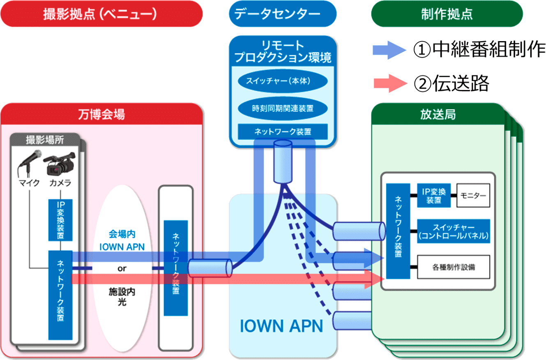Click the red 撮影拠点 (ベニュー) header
click(x=102, y=14)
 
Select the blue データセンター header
click(x=283, y=14)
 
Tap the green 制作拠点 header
click(x=447, y=14)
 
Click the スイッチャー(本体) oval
click(x=283, y=81)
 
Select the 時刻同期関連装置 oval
click(x=283, y=108)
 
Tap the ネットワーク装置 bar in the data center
click(x=283, y=132)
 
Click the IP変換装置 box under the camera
click(x=61, y=220)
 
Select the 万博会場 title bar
click(x=102, y=114)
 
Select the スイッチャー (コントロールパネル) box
click(x=454, y=231)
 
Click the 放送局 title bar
click(x=438, y=114)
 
